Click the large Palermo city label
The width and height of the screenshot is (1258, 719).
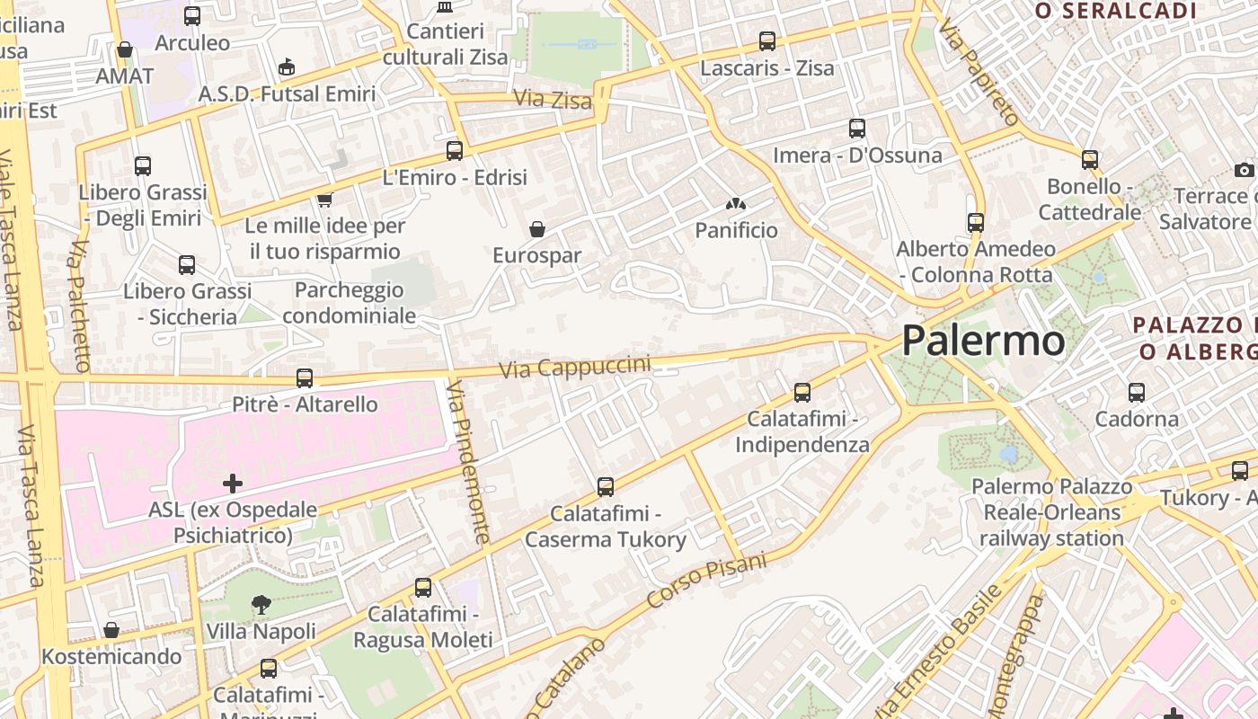coord(983,341)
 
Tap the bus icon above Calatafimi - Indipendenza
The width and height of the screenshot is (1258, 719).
coord(802,393)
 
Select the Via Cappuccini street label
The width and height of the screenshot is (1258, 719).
coord(574,368)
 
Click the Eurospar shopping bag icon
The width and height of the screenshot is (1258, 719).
coord(537,229)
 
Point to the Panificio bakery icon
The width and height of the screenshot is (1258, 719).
coord(736,205)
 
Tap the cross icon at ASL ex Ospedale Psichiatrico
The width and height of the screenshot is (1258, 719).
coord(233,484)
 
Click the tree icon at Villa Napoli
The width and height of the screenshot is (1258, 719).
coord(261,605)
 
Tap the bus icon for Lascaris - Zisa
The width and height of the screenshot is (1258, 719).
coord(766,41)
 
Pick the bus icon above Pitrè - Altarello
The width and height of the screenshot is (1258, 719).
coord(305,378)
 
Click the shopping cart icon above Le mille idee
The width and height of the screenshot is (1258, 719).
coord(324,200)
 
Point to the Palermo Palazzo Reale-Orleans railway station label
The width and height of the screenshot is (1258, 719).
coord(1051,512)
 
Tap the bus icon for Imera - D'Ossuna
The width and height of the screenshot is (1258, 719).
coord(856,129)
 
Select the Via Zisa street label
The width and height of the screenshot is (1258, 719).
coord(553,99)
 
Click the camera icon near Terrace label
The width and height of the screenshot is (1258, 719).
coord(1244,170)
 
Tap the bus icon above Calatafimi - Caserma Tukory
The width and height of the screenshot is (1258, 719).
coord(606,487)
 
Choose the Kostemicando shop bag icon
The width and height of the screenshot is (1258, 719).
coord(111,630)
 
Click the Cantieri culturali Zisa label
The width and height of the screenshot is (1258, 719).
coord(445,44)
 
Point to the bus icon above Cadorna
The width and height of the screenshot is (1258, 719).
coord(1137,393)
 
